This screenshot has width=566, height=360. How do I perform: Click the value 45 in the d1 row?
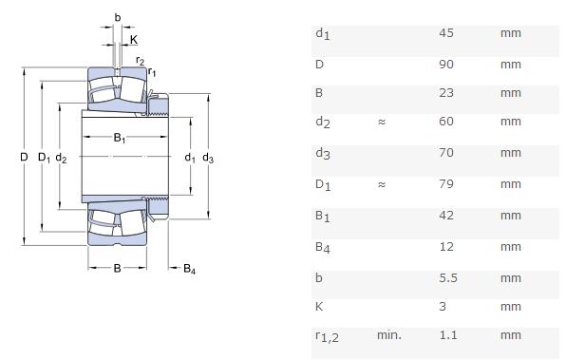coord(446,33)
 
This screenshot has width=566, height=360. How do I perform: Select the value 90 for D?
coord(446,65)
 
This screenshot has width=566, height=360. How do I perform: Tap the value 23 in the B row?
coord(446,93)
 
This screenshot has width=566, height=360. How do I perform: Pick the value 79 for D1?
coord(446,183)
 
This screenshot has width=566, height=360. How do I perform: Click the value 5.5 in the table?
coord(448,278)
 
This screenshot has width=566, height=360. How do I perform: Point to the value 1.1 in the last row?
coord(448,335)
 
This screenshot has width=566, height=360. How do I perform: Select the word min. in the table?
coord(389,335)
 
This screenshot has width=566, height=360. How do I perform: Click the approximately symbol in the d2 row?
coord(382,122)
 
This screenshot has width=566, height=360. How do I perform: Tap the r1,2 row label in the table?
coord(327,336)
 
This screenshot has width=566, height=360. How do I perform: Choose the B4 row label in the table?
coord(323,248)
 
